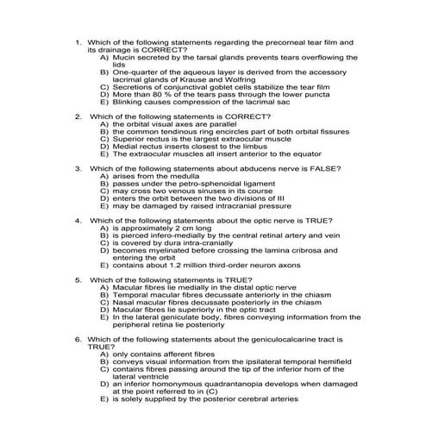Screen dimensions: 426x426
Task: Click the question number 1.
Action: coord(78,41)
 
